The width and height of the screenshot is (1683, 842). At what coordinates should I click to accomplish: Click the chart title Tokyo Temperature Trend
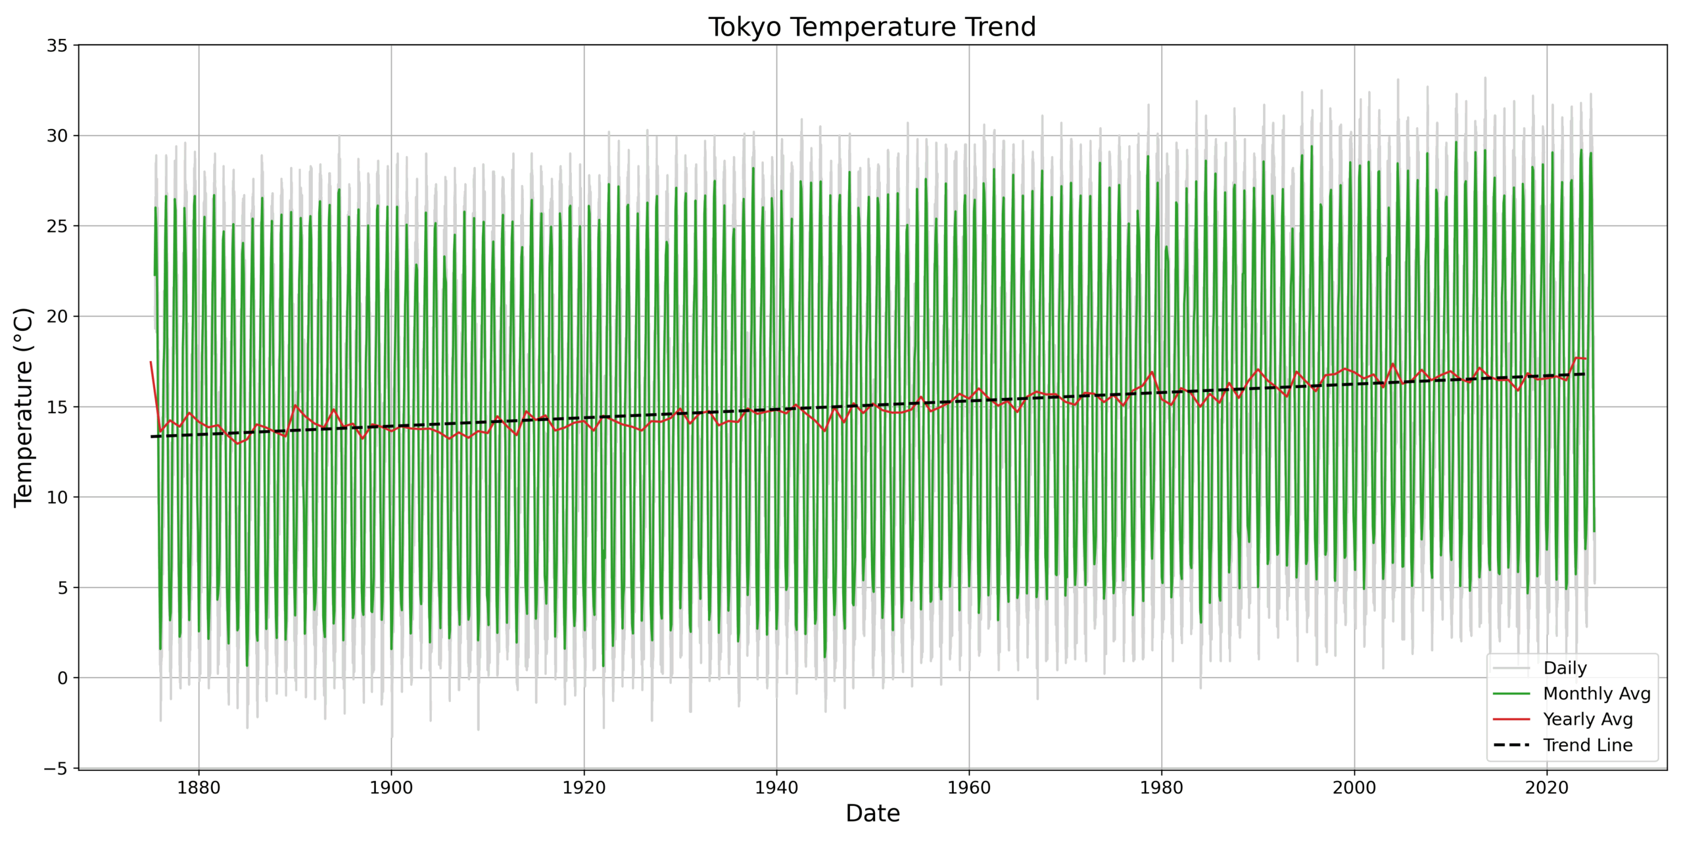[872, 27]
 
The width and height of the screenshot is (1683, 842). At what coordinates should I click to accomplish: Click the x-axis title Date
[872, 814]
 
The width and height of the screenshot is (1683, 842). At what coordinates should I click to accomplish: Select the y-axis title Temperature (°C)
[24, 407]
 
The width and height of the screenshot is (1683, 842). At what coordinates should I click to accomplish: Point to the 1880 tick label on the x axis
[199, 788]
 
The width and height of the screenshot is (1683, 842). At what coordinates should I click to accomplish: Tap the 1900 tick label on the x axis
[391, 788]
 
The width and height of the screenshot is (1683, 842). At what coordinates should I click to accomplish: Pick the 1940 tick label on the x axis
[776, 788]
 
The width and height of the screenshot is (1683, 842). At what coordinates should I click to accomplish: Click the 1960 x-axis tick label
[969, 788]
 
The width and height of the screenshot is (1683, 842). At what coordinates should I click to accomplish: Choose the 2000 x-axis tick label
[1354, 788]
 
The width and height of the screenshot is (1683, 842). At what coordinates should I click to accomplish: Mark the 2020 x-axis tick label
[1547, 788]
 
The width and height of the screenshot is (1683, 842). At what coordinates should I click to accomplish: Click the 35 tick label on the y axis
[57, 45]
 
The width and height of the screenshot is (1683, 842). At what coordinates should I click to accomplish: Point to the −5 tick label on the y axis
[55, 768]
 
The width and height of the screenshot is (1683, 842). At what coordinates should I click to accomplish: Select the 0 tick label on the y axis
[62, 678]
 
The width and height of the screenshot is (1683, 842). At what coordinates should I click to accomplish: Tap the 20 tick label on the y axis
[57, 316]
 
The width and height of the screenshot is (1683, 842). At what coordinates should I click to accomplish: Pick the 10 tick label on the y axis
[57, 497]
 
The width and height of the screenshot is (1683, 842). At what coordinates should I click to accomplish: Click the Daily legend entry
[1565, 668]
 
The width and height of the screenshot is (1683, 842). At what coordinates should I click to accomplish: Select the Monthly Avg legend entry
[1596, 694]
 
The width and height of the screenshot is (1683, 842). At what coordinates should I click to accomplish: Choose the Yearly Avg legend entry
[1588, 720]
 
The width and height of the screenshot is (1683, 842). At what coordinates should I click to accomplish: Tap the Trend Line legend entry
[1588, 745]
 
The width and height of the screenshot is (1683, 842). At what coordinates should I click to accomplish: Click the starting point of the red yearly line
[151, 361]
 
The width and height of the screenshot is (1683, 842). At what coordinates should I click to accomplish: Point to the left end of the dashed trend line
[151, 437]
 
